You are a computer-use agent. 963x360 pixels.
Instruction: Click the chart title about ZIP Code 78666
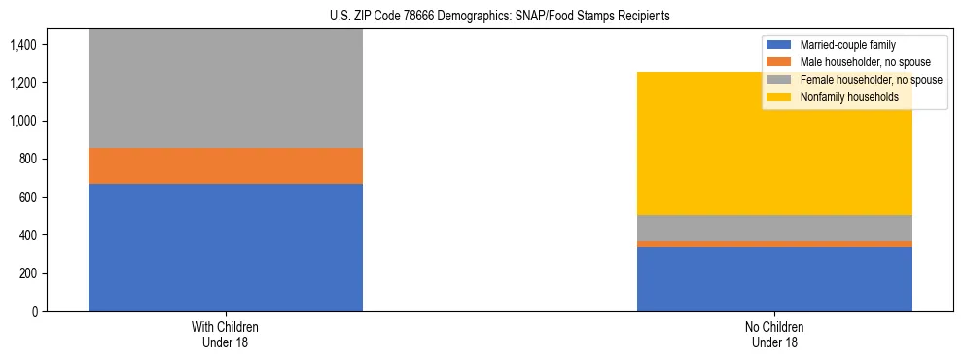tap(481, 17)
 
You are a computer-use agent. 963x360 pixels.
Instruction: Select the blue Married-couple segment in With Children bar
tap(226, 247)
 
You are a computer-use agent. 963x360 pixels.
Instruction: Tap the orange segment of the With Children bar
tap(226, 166)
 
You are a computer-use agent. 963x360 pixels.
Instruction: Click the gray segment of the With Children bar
tap(226, 89)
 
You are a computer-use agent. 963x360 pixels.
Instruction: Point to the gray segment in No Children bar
tap(774, 228)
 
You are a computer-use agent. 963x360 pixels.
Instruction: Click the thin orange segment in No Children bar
tap(774, 244)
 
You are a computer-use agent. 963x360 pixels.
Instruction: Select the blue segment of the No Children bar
tap(774, 279)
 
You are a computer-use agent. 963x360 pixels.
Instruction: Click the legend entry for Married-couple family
tap(846, 45)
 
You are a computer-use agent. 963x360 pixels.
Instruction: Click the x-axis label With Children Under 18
tap(226, 334)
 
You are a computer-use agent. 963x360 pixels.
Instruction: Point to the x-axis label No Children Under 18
tap(774, 334)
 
